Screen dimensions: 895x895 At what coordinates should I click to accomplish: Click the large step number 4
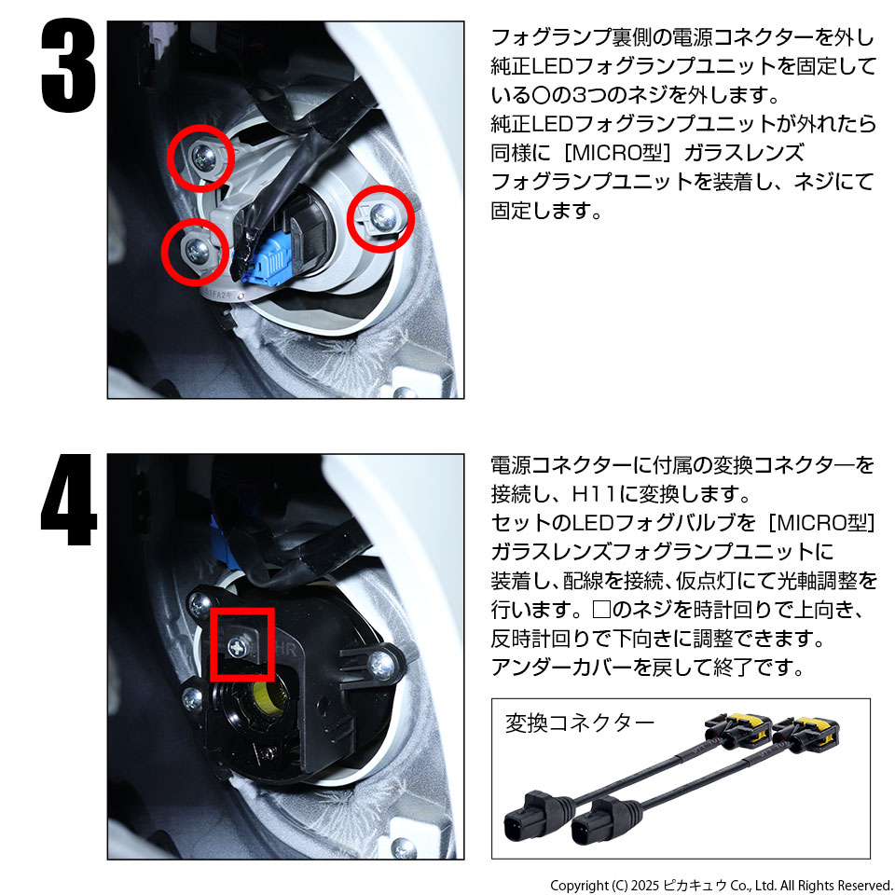click(68, 500)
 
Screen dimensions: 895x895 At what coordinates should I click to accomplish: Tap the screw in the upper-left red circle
click(202, 157)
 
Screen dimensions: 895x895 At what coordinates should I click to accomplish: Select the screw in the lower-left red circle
click(198, 250)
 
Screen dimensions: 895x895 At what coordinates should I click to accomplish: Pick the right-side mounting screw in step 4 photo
click(380, 663)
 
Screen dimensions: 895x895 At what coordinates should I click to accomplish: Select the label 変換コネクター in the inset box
click(579, 723)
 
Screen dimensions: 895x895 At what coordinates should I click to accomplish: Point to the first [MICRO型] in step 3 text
click(617, 153)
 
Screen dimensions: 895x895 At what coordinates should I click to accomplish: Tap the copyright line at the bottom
click(722, 886)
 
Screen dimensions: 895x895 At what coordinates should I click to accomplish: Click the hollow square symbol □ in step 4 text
click(602, 610)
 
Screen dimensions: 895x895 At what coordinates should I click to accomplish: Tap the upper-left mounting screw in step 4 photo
click(200, 604)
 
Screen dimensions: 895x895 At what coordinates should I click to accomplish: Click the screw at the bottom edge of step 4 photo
click(404, 848)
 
